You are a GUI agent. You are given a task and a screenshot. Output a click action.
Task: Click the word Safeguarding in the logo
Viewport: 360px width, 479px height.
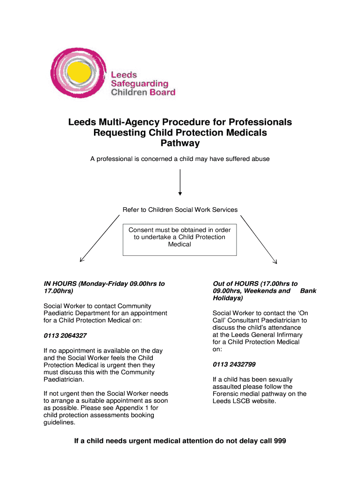click(139, 83)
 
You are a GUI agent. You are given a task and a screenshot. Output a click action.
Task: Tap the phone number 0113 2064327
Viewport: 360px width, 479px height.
click(65, 336)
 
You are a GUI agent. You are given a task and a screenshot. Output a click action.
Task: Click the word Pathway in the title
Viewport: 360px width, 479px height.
click(180, 144)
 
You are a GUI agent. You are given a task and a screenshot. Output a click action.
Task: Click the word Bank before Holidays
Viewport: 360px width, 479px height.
click(308, 290)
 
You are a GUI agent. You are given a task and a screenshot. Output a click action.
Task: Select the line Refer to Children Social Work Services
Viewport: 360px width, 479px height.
click(180, 210)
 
